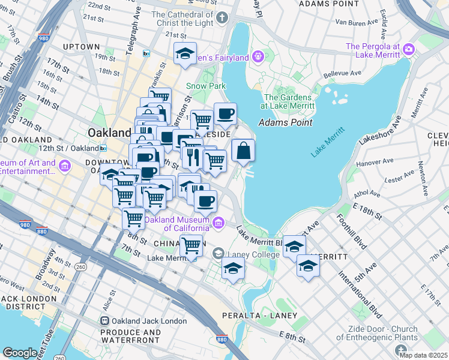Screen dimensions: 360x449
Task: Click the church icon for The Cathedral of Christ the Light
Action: (x=222, y=18)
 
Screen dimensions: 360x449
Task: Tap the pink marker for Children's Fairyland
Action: (x=259, y=57)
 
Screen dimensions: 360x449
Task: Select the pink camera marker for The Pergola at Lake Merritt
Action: (x=409, y=49)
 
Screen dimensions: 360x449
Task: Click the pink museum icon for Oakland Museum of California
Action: (x=219, y=223)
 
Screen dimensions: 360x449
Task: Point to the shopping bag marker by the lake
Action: (x=243, y=151)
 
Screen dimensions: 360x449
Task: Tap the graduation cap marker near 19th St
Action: (x=185, y=53)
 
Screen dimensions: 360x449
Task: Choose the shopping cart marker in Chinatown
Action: (x=191, y=245)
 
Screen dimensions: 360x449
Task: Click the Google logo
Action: (x=20, y=353)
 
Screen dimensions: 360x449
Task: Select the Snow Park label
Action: (x=205, y=86)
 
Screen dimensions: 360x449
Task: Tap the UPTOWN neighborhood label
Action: (x=81, y=47)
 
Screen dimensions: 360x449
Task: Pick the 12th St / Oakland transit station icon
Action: (x=103, y=148)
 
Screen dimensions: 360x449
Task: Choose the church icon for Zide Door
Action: (x=401, y=350)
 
